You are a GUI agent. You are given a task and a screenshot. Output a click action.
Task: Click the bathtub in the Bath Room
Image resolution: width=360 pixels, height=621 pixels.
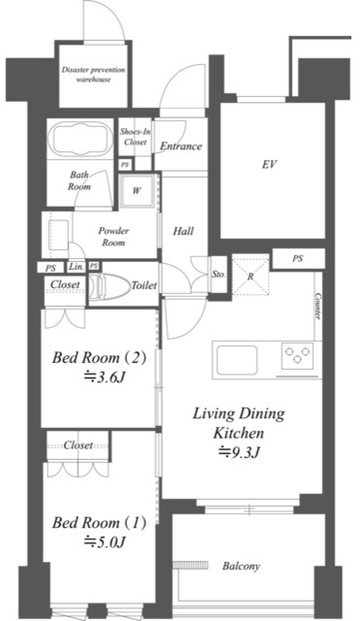81,140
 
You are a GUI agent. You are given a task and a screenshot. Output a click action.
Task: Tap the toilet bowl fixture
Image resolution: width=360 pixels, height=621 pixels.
109,285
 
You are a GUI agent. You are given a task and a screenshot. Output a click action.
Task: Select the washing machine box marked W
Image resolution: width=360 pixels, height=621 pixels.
136,190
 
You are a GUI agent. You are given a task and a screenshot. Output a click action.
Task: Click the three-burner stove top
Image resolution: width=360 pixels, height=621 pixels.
298,353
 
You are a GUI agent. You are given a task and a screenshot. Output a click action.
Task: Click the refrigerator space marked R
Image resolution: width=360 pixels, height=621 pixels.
250,277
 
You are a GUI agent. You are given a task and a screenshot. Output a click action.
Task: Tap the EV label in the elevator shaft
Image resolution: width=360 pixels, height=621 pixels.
269,164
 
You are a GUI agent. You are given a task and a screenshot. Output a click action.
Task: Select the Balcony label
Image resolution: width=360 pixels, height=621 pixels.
242,566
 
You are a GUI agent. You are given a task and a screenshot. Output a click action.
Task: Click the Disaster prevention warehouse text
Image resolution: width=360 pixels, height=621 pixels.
93,75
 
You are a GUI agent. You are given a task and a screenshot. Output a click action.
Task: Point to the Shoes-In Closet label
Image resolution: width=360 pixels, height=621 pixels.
136,137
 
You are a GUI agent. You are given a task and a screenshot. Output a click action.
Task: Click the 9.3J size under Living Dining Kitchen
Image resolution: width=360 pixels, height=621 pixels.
240,452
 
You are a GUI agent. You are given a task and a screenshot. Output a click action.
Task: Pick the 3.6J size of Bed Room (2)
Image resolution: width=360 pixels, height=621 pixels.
105,376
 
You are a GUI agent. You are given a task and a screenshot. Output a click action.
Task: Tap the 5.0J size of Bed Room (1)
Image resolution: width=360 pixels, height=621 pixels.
105,541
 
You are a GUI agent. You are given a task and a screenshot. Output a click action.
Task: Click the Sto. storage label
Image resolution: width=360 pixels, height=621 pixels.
218,274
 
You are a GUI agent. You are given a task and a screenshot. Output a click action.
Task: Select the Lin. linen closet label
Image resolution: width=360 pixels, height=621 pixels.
77,267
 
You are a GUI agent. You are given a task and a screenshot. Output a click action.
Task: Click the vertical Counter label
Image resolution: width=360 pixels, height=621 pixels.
317,307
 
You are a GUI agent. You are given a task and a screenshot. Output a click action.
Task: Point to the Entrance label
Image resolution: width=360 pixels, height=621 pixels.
181,147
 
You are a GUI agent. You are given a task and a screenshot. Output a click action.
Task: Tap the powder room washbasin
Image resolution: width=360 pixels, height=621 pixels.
58,235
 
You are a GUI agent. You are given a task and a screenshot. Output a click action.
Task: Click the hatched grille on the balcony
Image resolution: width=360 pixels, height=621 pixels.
191,565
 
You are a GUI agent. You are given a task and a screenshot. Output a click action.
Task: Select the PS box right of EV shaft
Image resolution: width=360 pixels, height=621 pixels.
298,259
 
